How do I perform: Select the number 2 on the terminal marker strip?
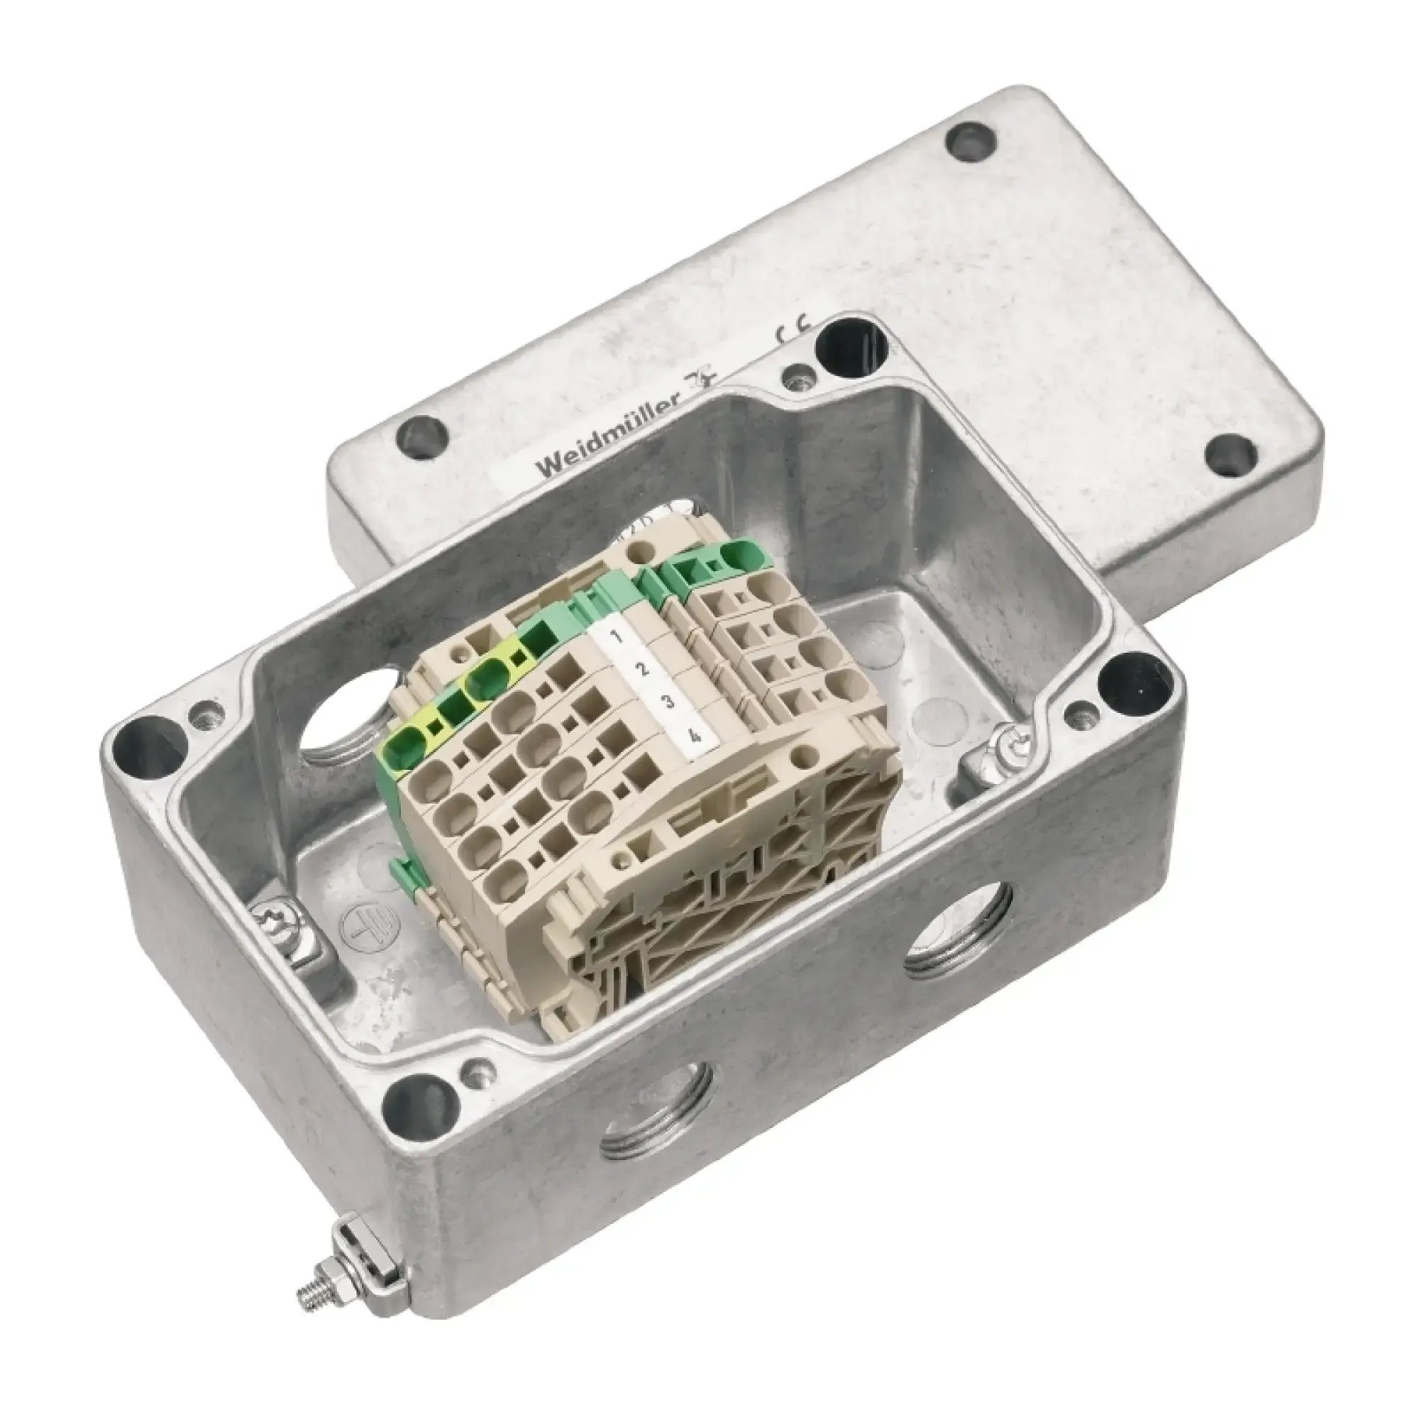click(x=641, y=668)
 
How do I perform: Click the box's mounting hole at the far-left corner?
click(x=140, y=735)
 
